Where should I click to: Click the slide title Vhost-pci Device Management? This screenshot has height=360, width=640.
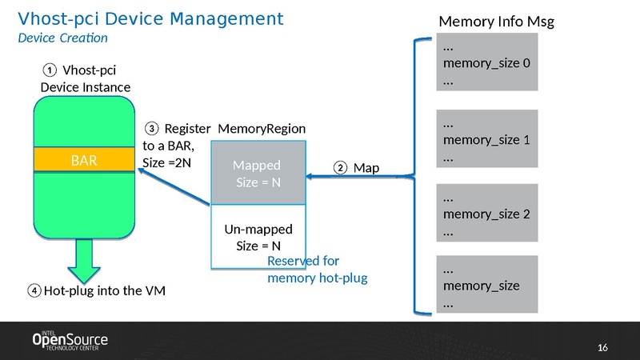tap(150, 18)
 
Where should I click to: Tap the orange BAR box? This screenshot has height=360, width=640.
tap(84, 159)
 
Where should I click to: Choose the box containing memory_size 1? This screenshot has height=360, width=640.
tap(486, 140)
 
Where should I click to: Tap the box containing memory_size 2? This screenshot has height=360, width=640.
tap(486, 214)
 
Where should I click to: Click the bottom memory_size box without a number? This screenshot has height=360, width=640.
tap(486, 285)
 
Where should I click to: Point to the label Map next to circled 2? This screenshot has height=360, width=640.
tap(366, 168)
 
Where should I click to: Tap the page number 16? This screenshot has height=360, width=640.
tap(604, 346)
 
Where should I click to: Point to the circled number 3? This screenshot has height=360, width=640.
tap(152, 129)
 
